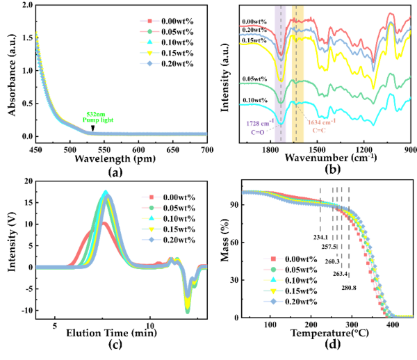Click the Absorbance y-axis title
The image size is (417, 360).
[x=9, y=69]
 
